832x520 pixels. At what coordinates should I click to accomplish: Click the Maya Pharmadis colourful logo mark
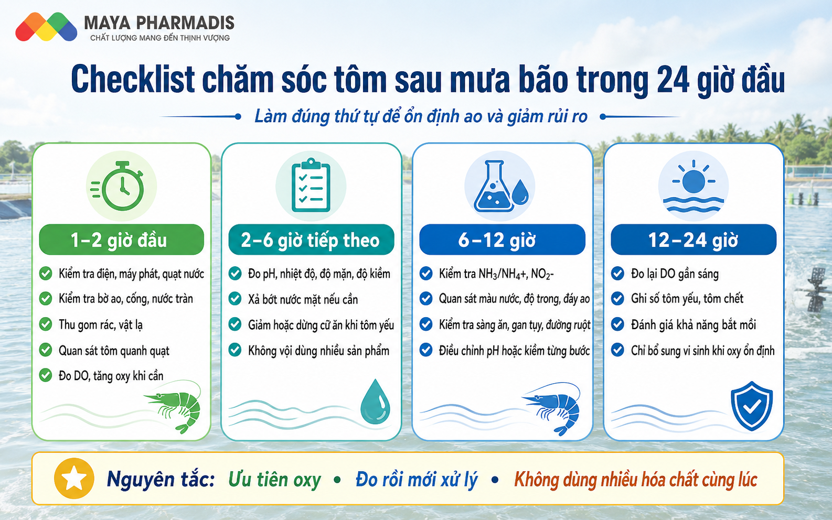(x=46, y=27)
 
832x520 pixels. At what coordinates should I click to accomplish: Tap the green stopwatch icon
(x=118, y=186)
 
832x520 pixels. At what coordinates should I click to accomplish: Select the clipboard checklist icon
(x=311, y=185)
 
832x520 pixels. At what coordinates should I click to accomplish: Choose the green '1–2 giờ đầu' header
(x=122, y=240)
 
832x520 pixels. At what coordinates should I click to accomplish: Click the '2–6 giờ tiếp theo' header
(x=311, y=240)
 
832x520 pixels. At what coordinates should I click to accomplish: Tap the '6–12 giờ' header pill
(x=502, y=240)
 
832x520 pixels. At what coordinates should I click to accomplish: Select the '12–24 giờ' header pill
(x=694, y=240)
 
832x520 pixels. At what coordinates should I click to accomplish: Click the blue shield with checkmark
(x=752, y=406)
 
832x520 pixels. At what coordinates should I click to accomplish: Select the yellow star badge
(x=74, y=478)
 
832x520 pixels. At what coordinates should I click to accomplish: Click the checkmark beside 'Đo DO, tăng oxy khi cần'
(x=46, y=375)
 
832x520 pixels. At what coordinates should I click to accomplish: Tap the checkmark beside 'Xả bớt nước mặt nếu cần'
(x=234, y=299)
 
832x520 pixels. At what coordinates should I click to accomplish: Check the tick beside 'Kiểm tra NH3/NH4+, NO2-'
(x=426, y=274)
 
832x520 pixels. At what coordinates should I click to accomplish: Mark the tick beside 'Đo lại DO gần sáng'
(x=617, y=274)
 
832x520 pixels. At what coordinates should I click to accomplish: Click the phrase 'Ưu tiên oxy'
(x=274, y=480)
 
